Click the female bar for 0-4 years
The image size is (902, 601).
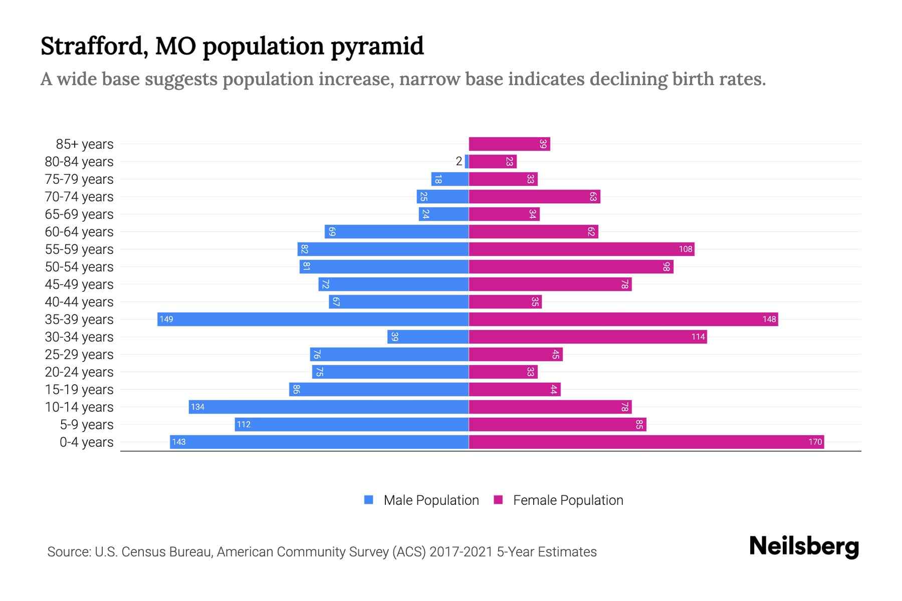click(x=646, y=442)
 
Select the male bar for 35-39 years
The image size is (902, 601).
click(x=313, y=319)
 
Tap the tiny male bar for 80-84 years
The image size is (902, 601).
click(x=467, y=161)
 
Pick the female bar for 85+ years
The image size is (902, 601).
click(x=509, y=144)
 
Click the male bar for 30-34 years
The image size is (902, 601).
click(x=428, y=337)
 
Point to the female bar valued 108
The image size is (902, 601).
click(x=581, y=249)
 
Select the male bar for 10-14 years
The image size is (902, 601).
click(x=329, y=407)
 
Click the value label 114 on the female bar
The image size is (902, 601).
click(x=698, y=337)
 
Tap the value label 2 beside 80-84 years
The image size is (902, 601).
click(x=459, y=161)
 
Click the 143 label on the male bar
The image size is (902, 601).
click(x=179, y=442)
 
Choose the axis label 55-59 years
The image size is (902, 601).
click(x=79, y=249)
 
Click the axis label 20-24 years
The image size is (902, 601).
click(x=79, y=372)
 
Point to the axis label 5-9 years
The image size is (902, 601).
click(x=87, y=424)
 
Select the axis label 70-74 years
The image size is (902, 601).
click(x=79, y=196)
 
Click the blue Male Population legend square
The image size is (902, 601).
click(x=369, y=500)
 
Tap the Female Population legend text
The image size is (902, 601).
click(x=568, y=500)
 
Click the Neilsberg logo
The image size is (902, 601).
click(x=804, y=546)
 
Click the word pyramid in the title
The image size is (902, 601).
click(x=377, y=46)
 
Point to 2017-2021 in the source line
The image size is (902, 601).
click(x=461, y=552)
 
